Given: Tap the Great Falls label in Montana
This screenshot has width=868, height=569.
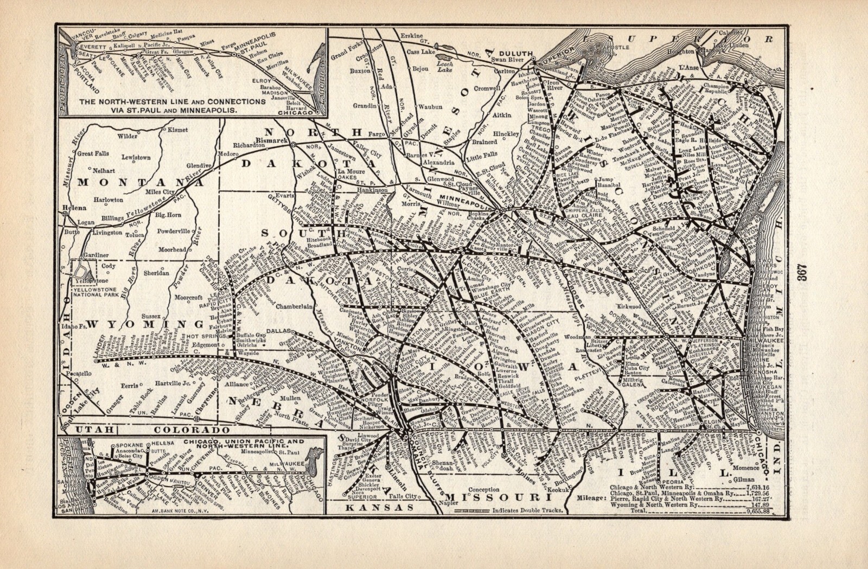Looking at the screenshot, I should tap(93, 154).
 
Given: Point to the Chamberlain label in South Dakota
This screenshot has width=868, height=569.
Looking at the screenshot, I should tap(295, 306).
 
